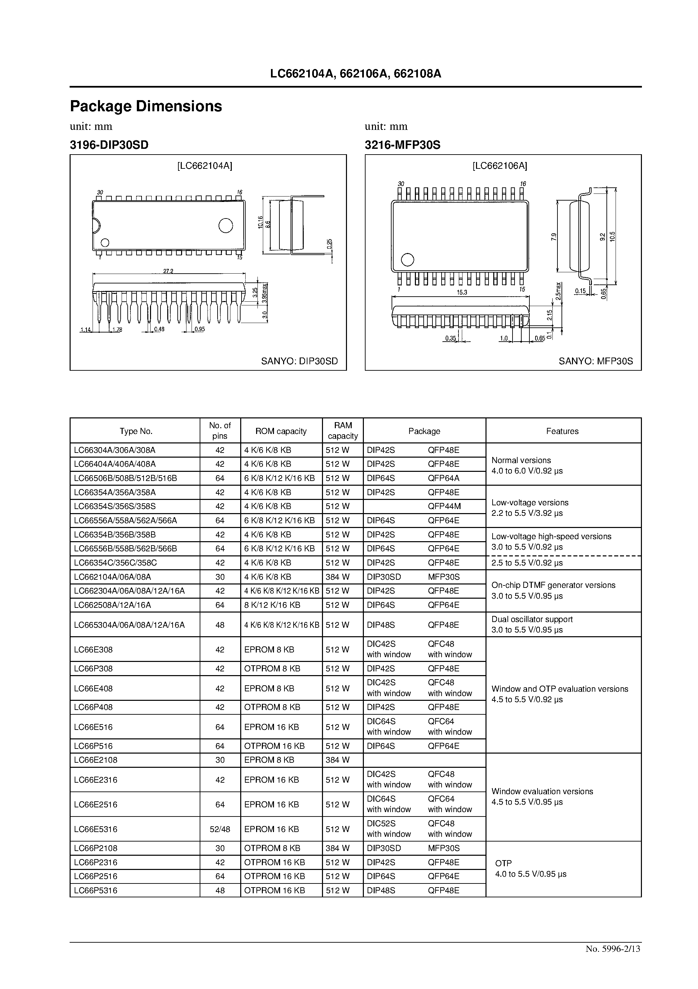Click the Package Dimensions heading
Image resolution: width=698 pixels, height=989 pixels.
coord(146,106)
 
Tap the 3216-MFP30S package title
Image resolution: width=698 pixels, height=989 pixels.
coord(402,145)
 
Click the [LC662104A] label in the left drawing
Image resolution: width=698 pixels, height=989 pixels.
coord(204,166)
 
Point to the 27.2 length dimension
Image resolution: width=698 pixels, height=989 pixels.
coord(168,271)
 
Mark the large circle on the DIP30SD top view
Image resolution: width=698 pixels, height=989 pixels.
coord(225,225)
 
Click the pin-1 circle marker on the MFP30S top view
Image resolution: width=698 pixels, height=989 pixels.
coord(407,260)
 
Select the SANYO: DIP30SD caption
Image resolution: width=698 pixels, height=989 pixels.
coord(300,361)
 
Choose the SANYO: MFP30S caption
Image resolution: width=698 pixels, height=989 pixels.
coord(596,361)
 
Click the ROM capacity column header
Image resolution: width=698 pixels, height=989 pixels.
coord(281,431)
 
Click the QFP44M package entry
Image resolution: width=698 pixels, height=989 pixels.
coord(444,506)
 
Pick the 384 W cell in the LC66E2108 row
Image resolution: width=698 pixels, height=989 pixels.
coord(338,760)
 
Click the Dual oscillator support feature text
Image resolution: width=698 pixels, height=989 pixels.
coord(532,619)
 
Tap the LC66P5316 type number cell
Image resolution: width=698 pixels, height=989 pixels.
coord(96,890)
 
